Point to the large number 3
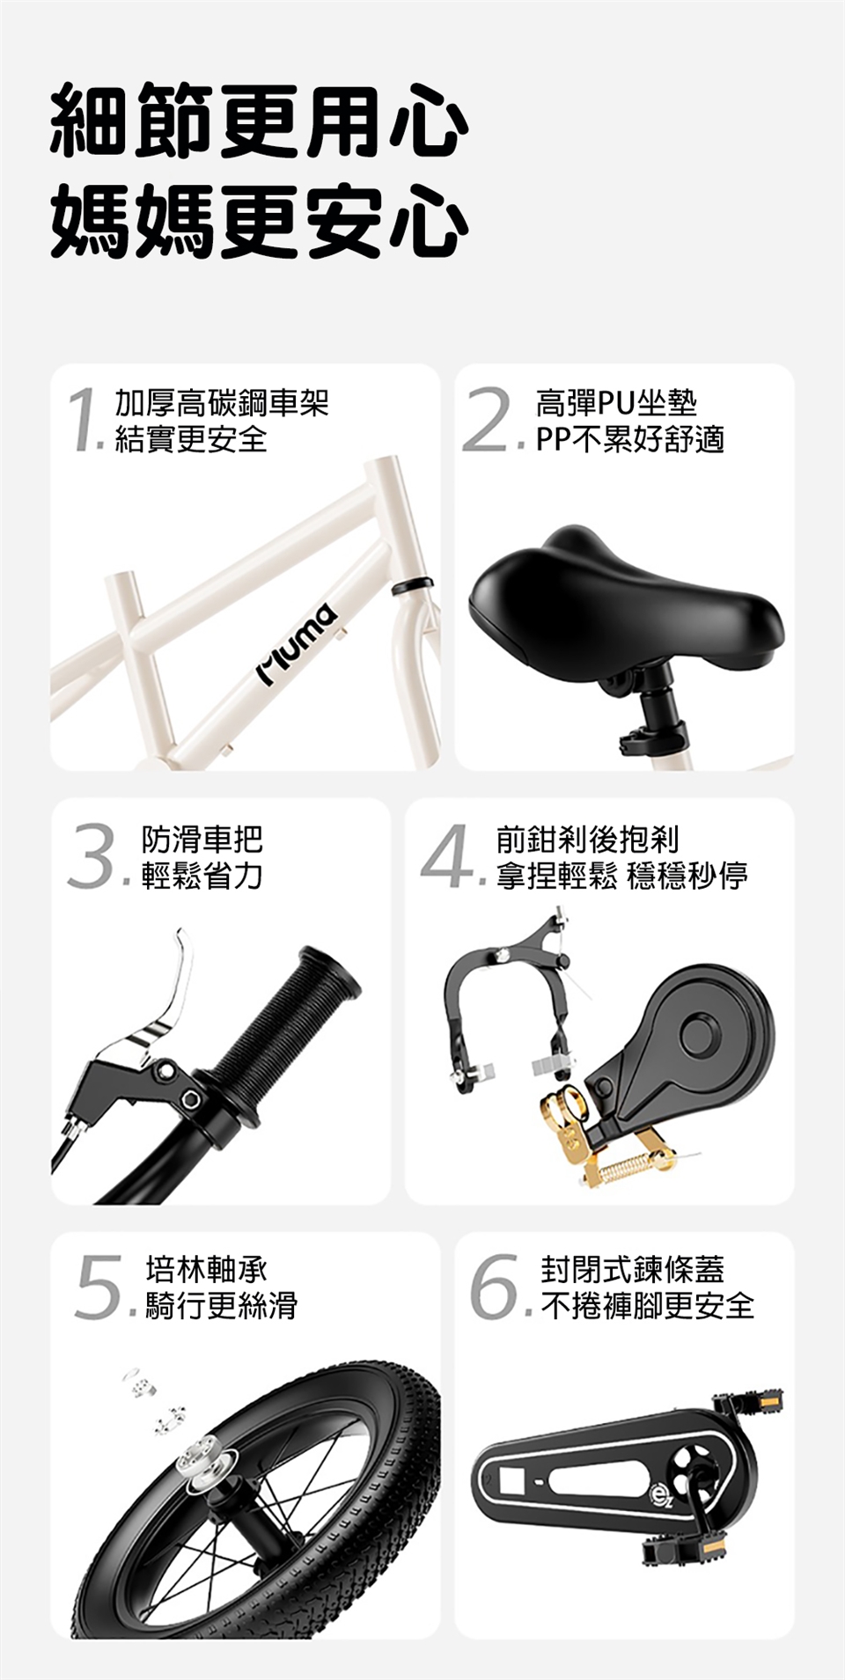point(93,855)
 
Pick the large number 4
point(448,855)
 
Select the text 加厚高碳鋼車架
point(222,402)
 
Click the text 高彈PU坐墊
point(616,402)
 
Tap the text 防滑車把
point(202,840)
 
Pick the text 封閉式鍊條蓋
point(632,1270)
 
